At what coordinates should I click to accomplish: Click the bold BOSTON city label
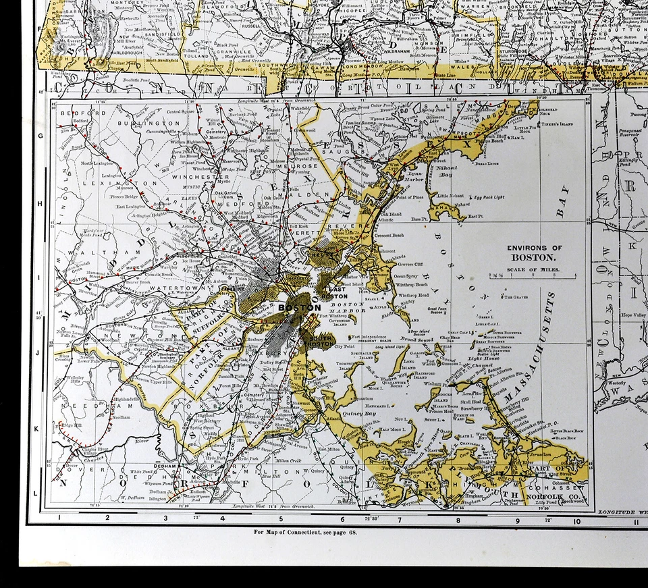300,308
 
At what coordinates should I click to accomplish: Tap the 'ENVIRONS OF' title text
535,248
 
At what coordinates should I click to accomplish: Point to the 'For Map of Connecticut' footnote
305,531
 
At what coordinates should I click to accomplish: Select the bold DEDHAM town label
165,466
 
